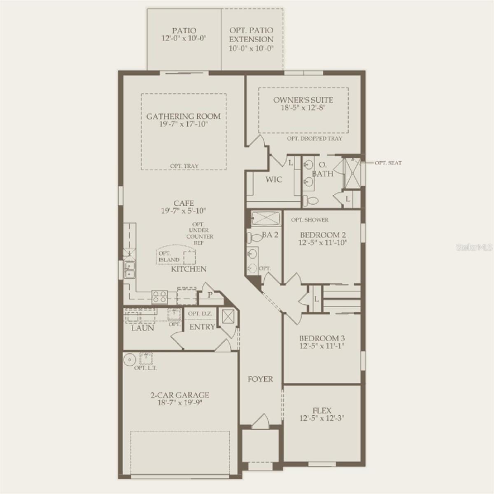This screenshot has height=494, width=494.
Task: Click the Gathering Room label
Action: tap(184, 117)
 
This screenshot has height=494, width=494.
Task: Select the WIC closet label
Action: tap(274, 179)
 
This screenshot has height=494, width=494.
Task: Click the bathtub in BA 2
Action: tap(266, 218)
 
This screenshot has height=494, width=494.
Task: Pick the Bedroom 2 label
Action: tap(323, 235)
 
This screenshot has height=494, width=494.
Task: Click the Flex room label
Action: tap(322, 410)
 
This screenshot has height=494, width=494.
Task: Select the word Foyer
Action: tap(260, 379)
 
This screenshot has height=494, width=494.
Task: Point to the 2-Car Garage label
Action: tap(179, 395)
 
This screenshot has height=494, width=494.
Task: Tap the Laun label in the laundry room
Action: tap(143, 328)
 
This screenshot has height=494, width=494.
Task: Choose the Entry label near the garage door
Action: tap(202, 327)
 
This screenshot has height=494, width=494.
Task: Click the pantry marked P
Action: tap(210, 295)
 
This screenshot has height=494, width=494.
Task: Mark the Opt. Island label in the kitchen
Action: tap(169, 256)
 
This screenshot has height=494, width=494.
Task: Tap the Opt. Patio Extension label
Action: tap(251, 39)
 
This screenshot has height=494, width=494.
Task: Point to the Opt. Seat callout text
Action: tap(388, 163)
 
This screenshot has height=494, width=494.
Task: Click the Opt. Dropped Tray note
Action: tap(315, 139)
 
